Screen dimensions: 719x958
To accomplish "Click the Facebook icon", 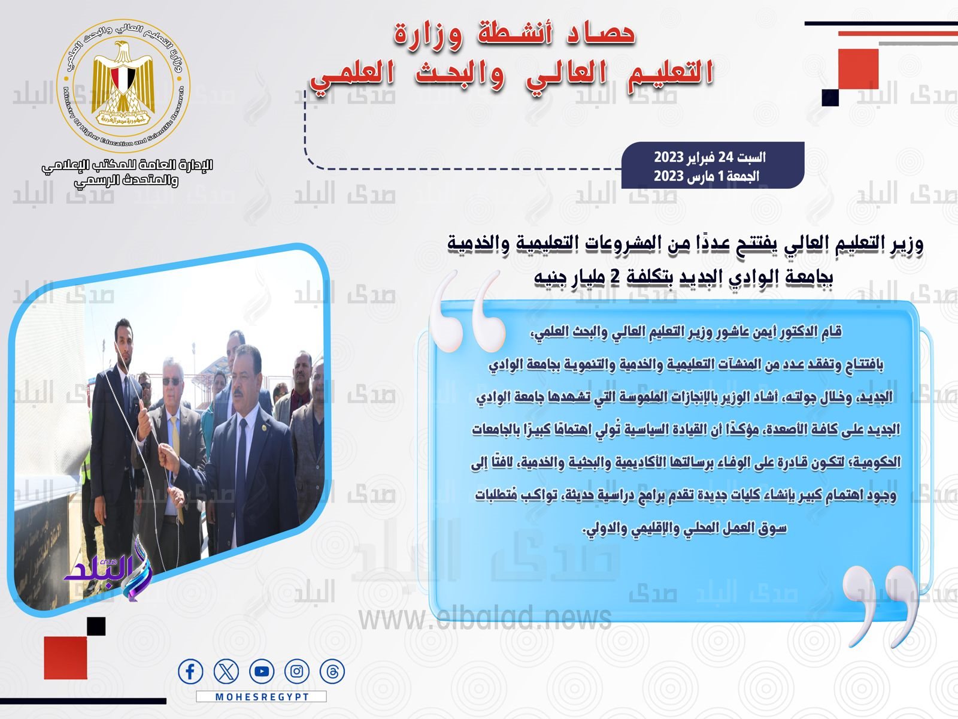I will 190,672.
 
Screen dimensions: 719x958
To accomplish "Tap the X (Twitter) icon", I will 226,672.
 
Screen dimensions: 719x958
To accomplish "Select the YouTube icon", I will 262,672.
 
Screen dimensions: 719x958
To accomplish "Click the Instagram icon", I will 297,672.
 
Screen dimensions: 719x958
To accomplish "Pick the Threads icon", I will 332,672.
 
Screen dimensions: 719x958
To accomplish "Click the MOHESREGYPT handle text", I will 262,697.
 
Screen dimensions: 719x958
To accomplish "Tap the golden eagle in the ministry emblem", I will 124,78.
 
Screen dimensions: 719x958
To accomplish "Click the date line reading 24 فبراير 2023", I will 710,158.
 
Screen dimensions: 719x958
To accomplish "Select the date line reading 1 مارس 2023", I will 707,176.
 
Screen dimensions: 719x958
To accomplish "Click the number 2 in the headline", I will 614,277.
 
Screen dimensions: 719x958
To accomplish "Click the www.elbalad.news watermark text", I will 485,617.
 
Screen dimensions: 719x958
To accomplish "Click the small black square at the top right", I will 830,97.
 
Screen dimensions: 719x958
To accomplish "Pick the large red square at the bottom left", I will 65,657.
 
